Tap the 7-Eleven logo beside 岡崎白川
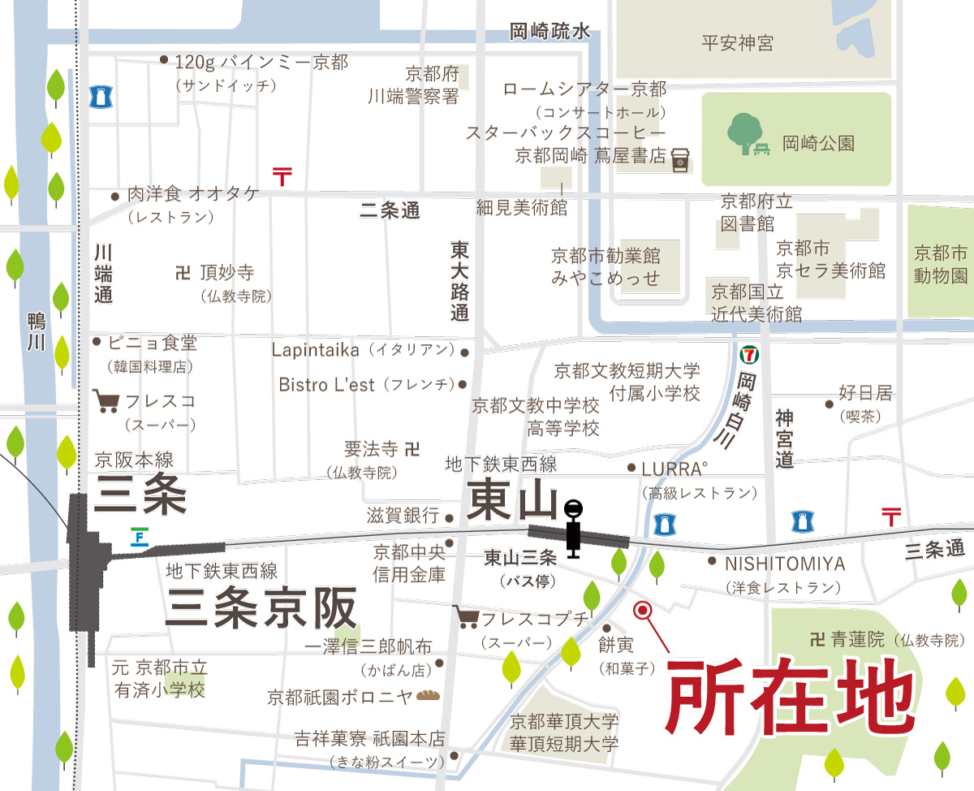pyautogui.click(x=748, y=354)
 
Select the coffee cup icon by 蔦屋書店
pyautogui.click(x=679, y=159)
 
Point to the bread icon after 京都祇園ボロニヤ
pyautogui.click(x=427, y=696)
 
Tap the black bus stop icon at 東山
pyautogui.click(x=574, y=528)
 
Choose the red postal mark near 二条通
pyautogui.click(x=282, y=175)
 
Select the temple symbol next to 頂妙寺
pyautogui.click(x=182, y=273)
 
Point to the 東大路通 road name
pyautogui.click(x=460, y=280)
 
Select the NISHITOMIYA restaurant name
pyautogui.click(x=785, y=564)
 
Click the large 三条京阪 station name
pyautogui.click(x=261, y=607)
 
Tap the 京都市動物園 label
pyautogui.click(x=941, y=264)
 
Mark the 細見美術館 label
pyautogui.click(x=521, y=208)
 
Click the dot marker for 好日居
pyautogui.click(x=829, y=404)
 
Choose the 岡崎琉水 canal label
pyautogui.click(x=549, y=32)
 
